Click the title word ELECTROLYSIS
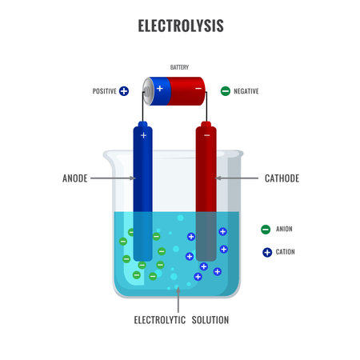pos(180,26)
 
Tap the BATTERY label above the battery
pos(179,67)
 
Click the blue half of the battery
pos(160,88)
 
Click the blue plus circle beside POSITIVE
pos(124,91)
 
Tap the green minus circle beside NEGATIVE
pos(226,91)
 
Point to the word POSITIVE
pos(104,91)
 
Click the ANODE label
pos(75,178)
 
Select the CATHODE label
pos(282,178)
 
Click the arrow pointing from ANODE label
pos(111,178)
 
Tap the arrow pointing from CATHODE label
pos(239,178)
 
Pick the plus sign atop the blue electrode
pos(143,136)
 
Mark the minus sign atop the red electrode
pos(206,136)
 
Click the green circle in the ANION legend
pos(265,230)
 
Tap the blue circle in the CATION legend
pos(266,252)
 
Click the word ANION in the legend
pos(284,230)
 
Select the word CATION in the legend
pos(285,252)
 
